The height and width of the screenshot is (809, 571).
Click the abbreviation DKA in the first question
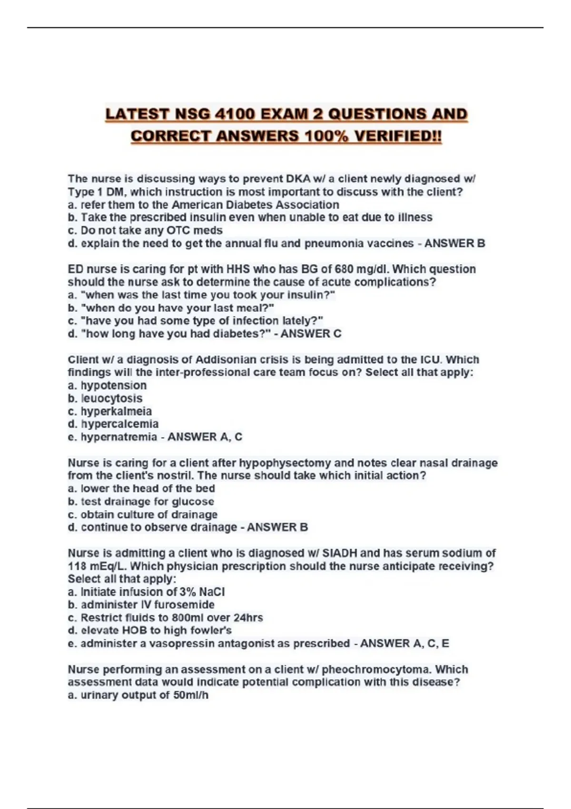click(298, 179)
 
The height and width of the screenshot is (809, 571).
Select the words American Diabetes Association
click(256, 205)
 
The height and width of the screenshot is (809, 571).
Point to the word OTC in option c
click(178, 231)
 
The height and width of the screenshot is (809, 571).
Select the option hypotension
click(114, 385)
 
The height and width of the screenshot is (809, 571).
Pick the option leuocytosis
click(112, 398)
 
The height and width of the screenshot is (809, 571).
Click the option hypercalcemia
click(119, 424)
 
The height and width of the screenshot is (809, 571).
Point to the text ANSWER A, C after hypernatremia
click(205, 437)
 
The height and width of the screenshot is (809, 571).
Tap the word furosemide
click(185, 605)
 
